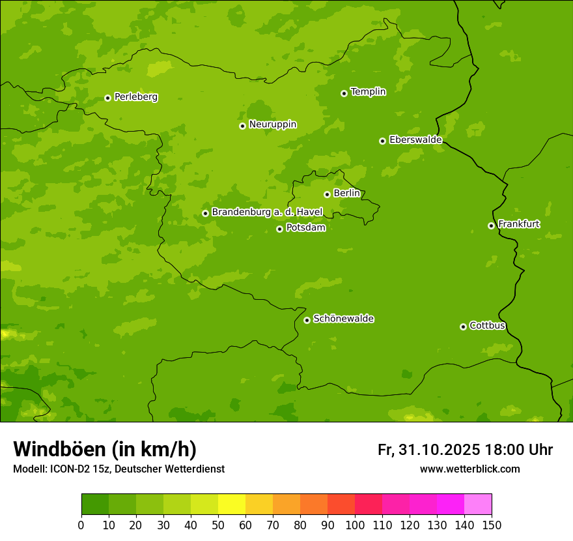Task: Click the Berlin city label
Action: (x=346, y=194)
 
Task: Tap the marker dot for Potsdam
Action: (x=279, y=229)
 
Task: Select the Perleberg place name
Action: (x=135, y=97)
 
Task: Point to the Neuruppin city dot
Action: (x=242, y=126)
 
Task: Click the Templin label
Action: (x=368, y=92)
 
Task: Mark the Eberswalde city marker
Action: (x=382, y=141)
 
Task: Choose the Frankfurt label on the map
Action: (x=518, y=224)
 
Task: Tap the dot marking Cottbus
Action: (x=463, y=327)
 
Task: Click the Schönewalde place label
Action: (x=343, y=319)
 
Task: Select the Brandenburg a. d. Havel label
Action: (x=267, y=212)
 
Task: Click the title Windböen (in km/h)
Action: (x=105, y=449)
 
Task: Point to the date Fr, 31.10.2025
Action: (x=428, y=450)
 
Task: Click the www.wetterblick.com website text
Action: (x=469, y=469)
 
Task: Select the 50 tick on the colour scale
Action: (x=218, y=525)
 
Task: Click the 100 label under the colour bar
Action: (x=355, y=525)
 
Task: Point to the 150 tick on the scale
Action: (x=492, y=525)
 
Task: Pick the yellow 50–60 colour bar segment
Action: (x=232, y=504)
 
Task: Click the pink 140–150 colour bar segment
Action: (x=478, y=504)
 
